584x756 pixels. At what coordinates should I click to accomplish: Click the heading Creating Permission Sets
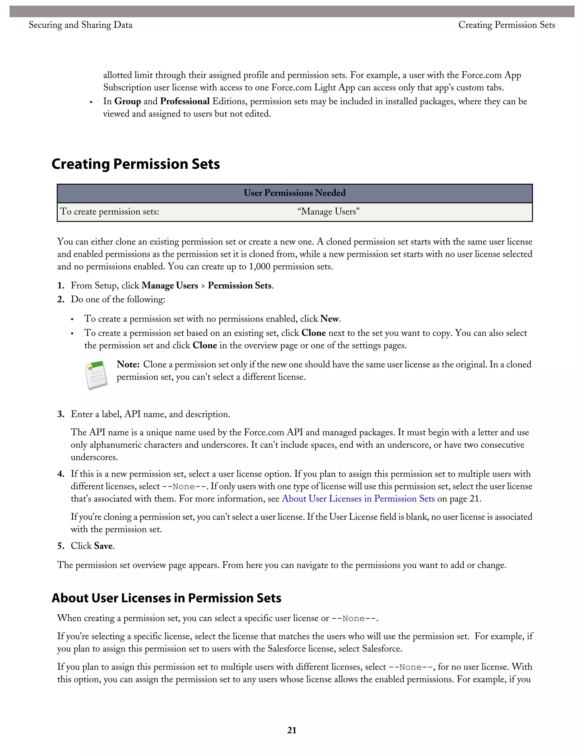click(x=136, y=164)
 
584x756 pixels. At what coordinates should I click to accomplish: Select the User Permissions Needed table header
click(x=294, y=193)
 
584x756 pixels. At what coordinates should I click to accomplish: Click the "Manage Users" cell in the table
click(x=328, y=211)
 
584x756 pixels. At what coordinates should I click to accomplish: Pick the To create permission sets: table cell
click(x=110, y=211)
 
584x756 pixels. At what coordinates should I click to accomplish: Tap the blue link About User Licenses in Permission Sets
click(x=358, y=498)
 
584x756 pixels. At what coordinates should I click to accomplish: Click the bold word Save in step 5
click(x=103, y=546)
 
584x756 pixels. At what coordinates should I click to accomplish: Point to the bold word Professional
click(x=185, y=102)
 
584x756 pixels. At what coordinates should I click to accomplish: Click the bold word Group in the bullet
click(x=128, y=102)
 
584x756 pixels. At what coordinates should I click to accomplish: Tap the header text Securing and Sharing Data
click(x=80, y=25)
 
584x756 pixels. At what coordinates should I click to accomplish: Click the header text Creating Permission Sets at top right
click(x=506, y=25)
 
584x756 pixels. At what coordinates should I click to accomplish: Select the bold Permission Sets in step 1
click(x=240, y=286)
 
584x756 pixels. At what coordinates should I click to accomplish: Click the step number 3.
click(x=60, y=414)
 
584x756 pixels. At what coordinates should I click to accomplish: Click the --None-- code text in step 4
click(x=184, y=487)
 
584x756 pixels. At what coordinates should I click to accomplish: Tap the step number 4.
click(x=60, y=474)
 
